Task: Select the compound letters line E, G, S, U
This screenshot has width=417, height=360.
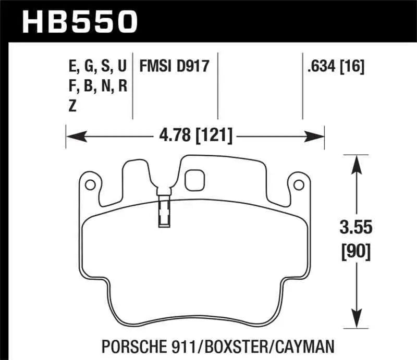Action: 97,67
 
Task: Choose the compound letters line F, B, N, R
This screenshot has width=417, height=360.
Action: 97,86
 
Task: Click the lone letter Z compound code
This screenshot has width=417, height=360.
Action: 72,105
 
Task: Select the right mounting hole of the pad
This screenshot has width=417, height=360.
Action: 298,184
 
